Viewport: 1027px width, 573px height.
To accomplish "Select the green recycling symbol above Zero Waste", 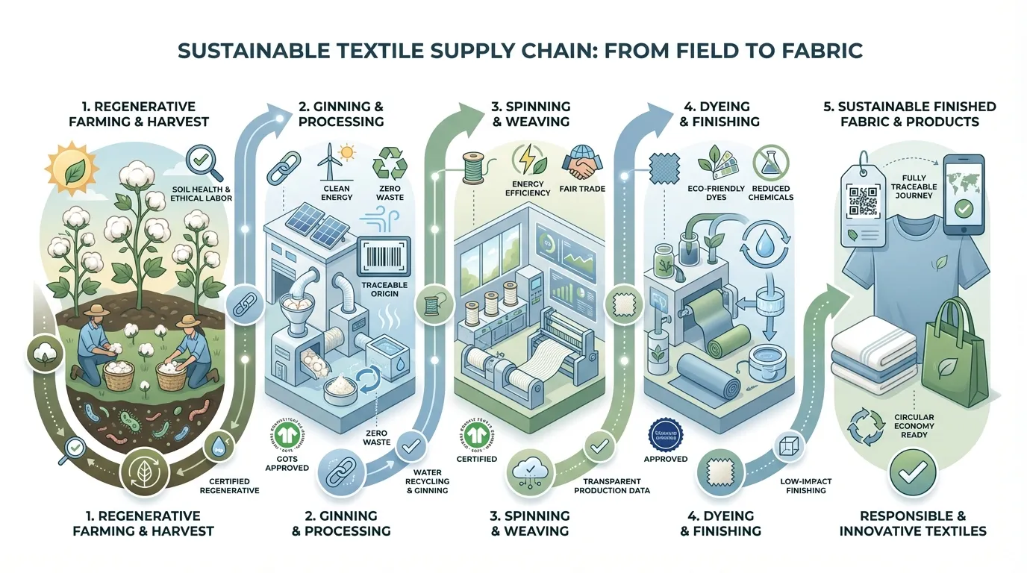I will click(x=390, y=163).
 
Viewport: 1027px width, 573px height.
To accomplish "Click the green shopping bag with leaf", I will click(x=957, y=351).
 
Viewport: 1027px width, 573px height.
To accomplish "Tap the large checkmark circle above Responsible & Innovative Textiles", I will click(x=912, y=471).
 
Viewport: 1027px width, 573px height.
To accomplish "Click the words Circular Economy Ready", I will click(x=913, y=426).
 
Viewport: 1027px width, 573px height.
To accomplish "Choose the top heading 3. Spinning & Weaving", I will click(x=530, y=113).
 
